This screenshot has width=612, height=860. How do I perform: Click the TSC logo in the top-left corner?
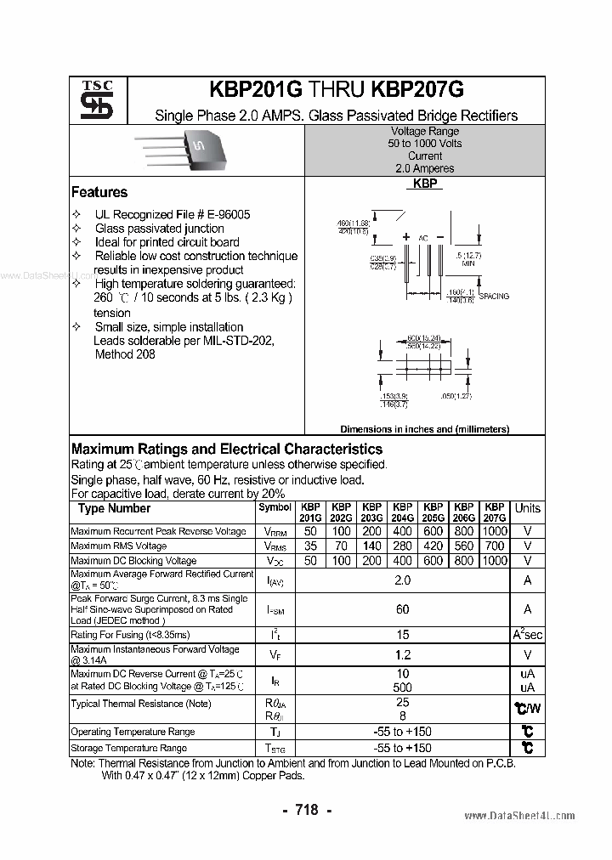[90, 101]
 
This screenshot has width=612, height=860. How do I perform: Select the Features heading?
[99, 192]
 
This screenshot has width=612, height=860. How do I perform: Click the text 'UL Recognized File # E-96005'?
[173, 215]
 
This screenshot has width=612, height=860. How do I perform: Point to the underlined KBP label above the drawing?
[424, 184]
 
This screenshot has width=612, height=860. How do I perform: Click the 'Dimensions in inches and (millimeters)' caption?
[424, 429]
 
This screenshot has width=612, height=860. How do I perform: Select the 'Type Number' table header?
[114, 508]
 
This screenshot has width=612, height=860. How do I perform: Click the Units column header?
[527, 508]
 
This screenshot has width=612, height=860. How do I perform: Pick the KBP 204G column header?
[402, 512]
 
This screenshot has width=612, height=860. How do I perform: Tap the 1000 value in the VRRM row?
[494, 531]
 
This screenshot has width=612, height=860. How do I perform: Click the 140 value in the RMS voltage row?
[371, 546]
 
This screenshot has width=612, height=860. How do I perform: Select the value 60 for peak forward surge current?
[402, 608]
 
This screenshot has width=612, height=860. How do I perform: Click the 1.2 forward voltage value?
[402, 654]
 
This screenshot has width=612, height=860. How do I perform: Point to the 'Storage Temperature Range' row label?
[128, 748]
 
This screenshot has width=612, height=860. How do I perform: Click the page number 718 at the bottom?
[306, 810]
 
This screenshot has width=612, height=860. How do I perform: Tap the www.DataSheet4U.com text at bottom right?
[519, 815]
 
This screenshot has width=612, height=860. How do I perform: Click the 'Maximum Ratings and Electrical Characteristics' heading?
[227, 449]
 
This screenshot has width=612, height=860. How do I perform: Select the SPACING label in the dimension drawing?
[494, 296]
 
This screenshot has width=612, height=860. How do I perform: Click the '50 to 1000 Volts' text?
[425, 144]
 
